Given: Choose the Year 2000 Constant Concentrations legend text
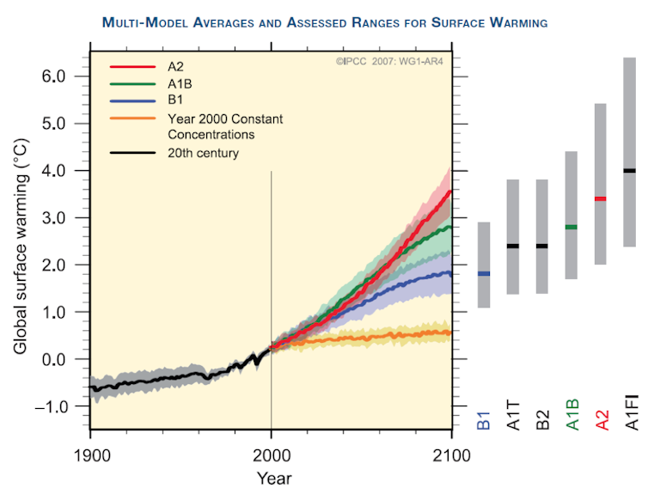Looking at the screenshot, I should [x=225, y=125].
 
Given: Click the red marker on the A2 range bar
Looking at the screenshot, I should [x=601, y=198].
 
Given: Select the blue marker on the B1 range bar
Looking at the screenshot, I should [x=484, y=273].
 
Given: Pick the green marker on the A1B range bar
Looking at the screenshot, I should [x=571, y=227].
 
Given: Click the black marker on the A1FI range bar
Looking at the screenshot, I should [x=630, y=170].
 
